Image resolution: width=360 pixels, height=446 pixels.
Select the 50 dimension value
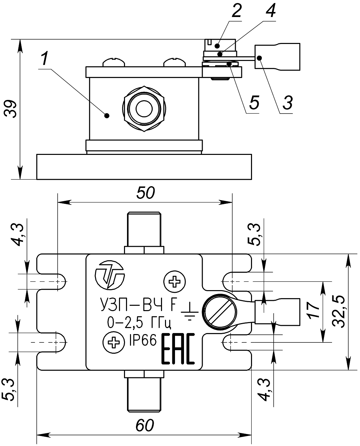click(x=146, y=193)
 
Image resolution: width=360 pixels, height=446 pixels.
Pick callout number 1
click(x=44, y=60)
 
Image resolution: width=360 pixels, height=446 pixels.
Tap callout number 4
click(x=270, y=12)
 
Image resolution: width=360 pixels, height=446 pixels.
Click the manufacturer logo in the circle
click(x=109, y=275)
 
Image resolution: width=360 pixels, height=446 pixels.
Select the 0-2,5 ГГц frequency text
click(x=139, y=322)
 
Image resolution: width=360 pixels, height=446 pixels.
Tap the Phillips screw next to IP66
click(x=113, y=342)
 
